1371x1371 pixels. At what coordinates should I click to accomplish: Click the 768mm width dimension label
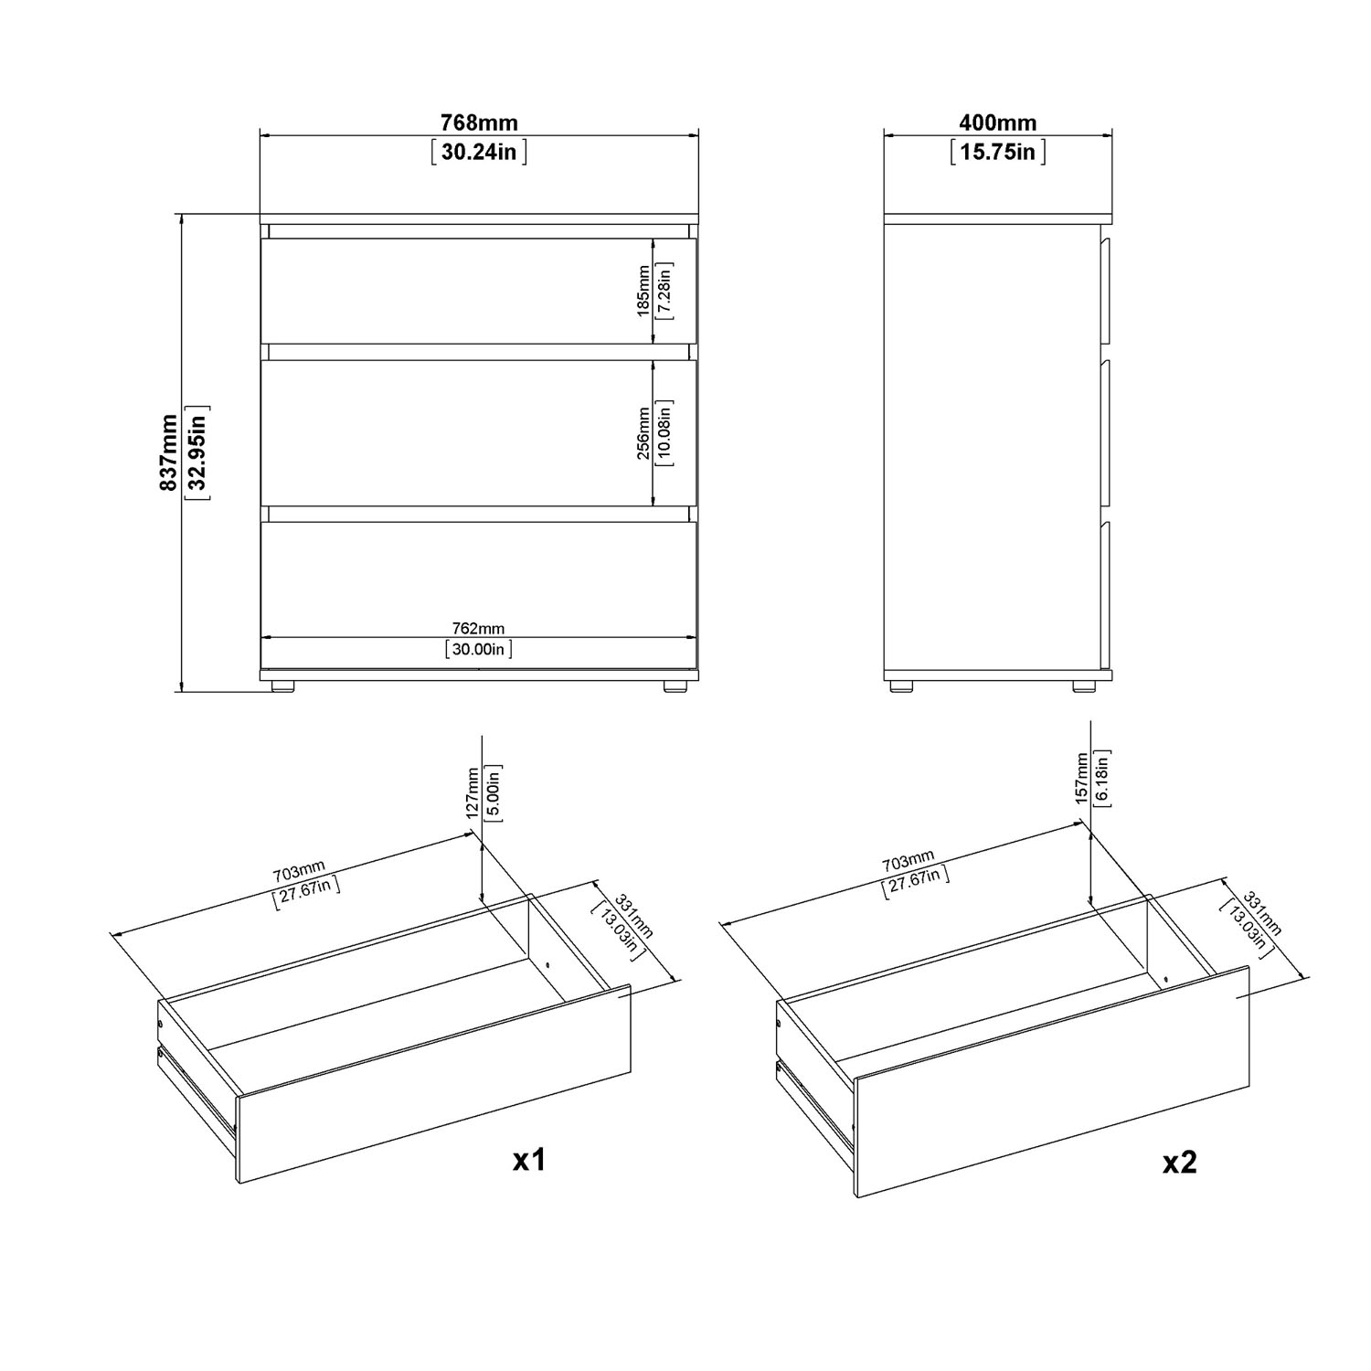479,122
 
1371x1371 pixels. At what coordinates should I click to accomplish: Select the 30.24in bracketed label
479,151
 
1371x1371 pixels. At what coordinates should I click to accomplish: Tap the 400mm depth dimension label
998,122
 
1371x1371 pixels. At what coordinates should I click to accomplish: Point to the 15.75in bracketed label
998,151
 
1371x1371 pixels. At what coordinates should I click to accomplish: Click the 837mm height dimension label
169,452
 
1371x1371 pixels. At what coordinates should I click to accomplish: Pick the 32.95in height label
197,452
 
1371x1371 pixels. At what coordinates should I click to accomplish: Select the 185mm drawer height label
643,291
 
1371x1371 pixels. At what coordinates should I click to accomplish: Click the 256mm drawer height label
643,432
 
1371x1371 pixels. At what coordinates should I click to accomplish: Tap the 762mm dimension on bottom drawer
479,629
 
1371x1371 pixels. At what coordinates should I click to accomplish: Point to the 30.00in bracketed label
479,650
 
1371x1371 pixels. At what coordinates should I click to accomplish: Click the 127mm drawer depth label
472,792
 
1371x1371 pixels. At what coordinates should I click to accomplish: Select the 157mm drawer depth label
1082,779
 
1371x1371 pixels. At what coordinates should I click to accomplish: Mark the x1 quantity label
528,1160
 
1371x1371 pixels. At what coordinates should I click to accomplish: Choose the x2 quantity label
1179,1162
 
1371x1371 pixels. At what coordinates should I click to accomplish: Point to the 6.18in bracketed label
1102,779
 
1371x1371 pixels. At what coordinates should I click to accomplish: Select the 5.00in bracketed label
492,792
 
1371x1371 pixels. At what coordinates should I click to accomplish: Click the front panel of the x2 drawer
1051,1081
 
